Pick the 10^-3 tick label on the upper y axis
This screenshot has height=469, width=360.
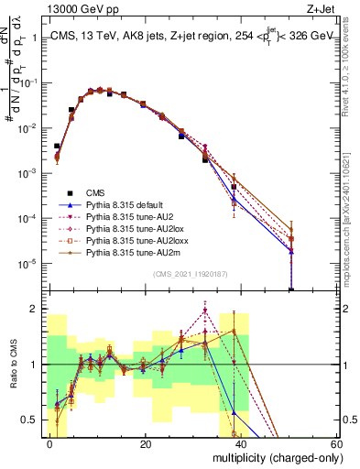click(x=27, y=172)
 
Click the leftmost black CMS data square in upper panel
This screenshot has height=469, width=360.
click(x=57, y=146)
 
